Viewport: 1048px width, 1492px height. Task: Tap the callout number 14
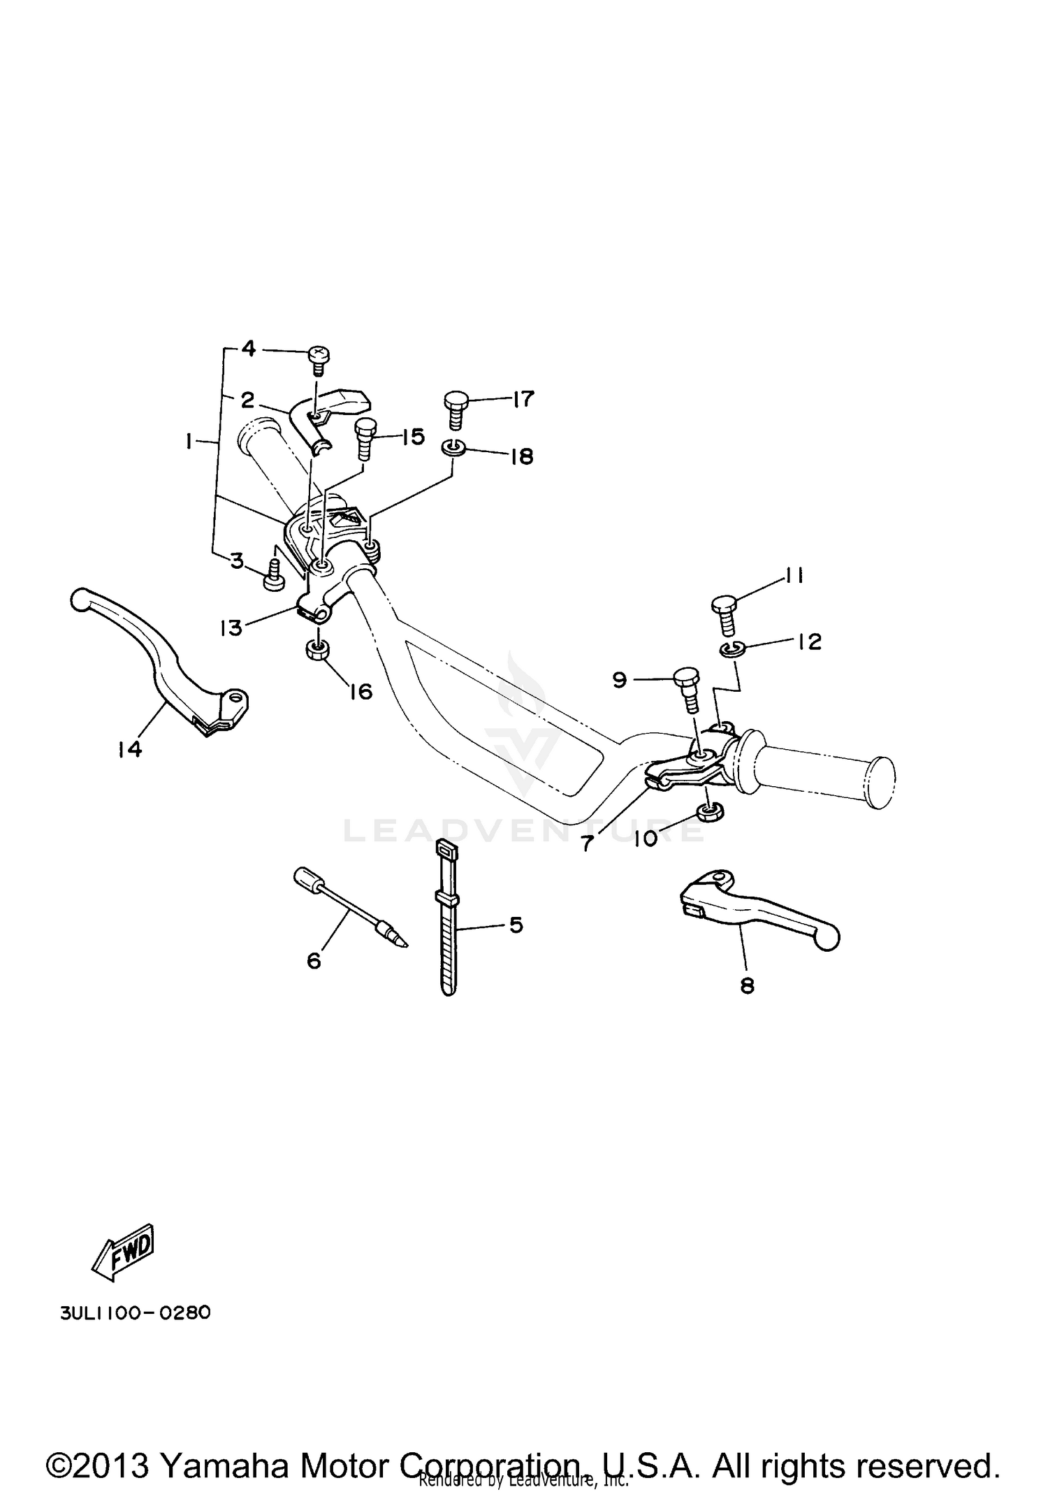130,749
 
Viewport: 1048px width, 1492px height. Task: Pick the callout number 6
314,962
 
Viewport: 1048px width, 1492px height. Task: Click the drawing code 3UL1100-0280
135,1312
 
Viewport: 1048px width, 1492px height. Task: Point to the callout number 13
231,628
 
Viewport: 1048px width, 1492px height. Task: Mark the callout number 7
587,843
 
